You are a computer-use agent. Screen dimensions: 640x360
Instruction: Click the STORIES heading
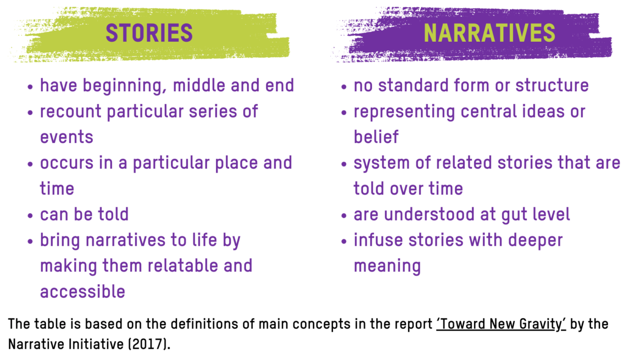[x=149, y=33]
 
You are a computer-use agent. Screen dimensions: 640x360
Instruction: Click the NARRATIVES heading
[x=489, y=33]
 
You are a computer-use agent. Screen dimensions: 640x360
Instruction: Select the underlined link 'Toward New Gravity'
[x=501, y=324]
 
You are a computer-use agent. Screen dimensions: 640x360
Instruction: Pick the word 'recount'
[x=71, y=112]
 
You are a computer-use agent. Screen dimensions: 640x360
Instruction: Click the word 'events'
[x=66, y=137]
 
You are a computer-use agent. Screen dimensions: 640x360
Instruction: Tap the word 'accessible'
[x=82, y=291]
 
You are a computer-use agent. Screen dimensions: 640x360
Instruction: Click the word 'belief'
[x=376, y=137]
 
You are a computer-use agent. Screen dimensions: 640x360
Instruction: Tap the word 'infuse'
[x=379, y=240]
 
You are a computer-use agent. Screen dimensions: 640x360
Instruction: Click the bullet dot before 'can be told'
[x=30, y=215]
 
